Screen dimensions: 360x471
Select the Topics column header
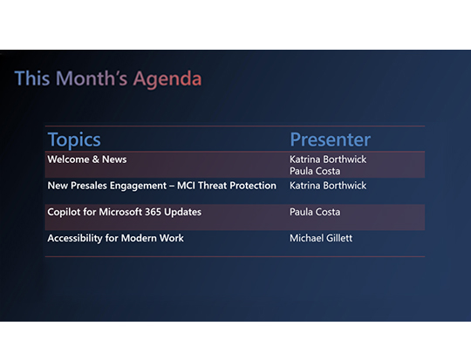[x=74, y=139]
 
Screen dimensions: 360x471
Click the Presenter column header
[x=330, y=139]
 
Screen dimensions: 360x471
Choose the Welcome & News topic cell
[x=87, y=160]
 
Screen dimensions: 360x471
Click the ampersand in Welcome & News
[x=97, y=160]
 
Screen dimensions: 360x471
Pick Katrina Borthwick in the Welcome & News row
[x=328, y=160]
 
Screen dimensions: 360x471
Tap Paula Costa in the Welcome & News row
[x=315, y=172]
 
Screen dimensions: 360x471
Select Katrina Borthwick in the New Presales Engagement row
[x=328, y=186]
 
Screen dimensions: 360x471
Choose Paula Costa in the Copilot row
[x=315, y=212]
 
